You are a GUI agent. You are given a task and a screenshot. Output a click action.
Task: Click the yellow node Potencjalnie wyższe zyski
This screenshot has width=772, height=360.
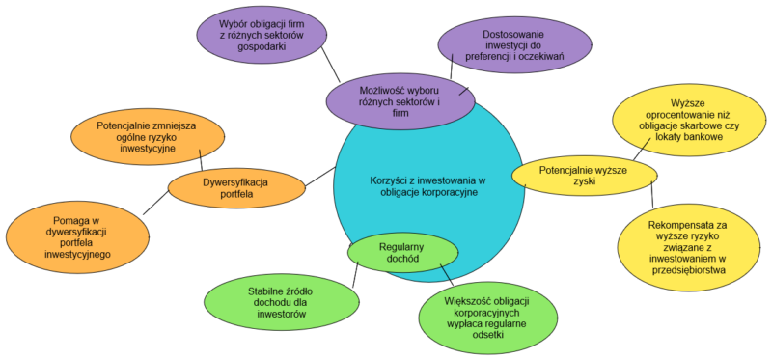pos(584,175)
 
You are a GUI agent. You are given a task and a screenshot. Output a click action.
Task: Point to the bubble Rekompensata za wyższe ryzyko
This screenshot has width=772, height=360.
pos(688,248)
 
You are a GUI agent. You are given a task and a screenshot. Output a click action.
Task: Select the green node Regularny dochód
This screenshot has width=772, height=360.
pos(401,250)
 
